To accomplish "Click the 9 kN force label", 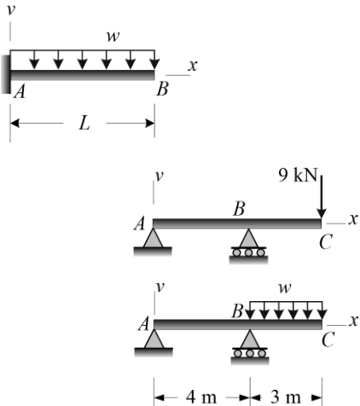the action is click(298, 175).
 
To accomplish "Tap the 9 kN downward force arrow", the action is click(322, 197).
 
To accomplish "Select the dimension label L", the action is click(84, 124).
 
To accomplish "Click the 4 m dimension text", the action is click(201, 397).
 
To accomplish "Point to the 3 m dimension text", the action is click(285, 397).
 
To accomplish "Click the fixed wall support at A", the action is click(6, 74).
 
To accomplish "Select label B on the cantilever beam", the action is click(162, 89).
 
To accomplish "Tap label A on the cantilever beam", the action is click(20, 92).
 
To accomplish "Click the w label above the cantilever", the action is click(113, 37).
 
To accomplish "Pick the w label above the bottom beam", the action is click(285, 288).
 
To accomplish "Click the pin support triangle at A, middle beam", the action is click(153, 238).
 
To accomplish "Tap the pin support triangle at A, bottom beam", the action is click(154, 339).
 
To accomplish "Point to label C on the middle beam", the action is click(325, 242).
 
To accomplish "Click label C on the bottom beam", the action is click(328, 339).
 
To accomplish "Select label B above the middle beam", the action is click(239, 209).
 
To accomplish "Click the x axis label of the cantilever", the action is click(193, 66).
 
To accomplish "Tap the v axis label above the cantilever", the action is click(11, 9).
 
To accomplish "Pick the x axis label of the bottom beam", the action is click(353, 321).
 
